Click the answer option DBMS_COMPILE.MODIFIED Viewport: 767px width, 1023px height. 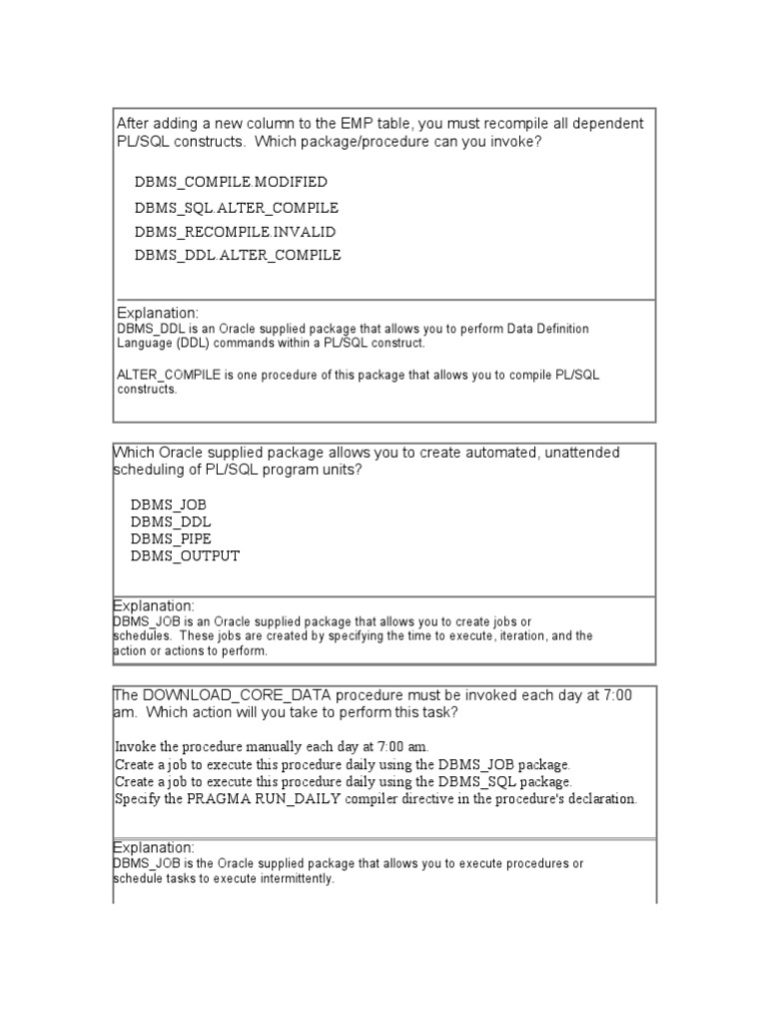click(x=231, y=182)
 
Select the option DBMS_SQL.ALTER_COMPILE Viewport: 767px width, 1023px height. click(x=237, y=207)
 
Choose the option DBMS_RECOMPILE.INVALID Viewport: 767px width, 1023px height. click(x=235, y=231)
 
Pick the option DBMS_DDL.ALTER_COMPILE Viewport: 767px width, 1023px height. click(x=238, y=255)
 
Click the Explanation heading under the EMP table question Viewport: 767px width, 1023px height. click(x=158, y=312)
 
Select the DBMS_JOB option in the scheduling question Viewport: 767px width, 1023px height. click(x=168, y=505)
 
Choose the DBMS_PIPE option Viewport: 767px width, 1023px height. click(x=171, y=538)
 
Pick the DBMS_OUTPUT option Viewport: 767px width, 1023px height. click(x=185, y=555)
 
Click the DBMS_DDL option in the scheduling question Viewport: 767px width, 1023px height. click(x=171, y=521)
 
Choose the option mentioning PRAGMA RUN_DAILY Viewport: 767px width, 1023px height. click(x=376, y=798)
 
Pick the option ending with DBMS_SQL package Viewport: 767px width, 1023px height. click(x=344, y=781)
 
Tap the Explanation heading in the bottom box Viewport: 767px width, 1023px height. click(x=154, y=847)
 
